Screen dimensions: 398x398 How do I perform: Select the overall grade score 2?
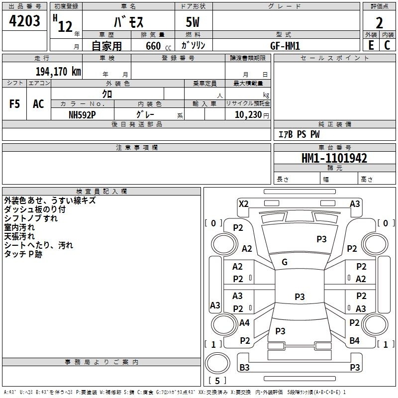(380, 22)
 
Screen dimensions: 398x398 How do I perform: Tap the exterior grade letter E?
(371, 45)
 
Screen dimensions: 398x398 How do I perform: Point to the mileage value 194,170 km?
(58, 71)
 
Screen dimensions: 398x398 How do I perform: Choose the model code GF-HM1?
(285, 45)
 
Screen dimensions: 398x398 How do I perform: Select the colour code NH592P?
(82, 114)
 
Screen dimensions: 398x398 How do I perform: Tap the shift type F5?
(15, 104)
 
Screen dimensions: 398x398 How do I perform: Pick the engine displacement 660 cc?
(154, 46)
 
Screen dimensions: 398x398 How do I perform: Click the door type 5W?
(193, 23)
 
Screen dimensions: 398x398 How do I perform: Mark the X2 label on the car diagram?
(243, 203)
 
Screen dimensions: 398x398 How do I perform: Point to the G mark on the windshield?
(285, 262)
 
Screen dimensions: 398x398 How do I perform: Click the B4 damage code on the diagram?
(354, 341)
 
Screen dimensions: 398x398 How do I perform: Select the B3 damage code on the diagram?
(244, 368)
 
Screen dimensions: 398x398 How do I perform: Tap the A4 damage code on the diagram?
(244, 323)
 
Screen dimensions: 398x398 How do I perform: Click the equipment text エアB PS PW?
(298, 134)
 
